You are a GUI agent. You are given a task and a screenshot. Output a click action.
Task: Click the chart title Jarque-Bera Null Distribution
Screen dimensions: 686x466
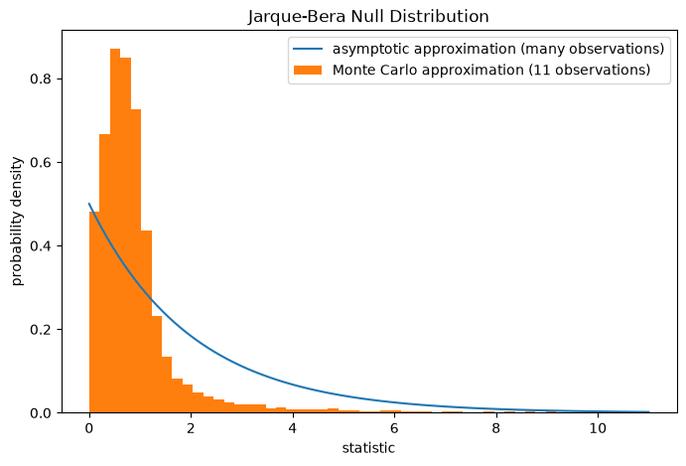[x=368, y=17]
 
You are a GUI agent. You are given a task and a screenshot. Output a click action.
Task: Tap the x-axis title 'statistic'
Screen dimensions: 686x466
[x=368, y=448]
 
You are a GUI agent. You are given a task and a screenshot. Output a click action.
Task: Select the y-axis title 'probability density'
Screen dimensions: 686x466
[x=17, y=222]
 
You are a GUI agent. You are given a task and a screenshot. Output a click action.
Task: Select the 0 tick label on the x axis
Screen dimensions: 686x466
[x=89, y=428]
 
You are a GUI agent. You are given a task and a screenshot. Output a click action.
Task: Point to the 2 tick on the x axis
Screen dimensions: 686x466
[x=191, y=428]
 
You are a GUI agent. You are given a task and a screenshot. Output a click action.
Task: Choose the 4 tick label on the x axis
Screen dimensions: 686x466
[x=293, y=428]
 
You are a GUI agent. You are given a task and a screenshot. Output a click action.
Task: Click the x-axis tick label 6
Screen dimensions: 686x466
[x=394, y=428]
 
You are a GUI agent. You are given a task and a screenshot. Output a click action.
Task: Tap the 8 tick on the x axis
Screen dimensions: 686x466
[x=495, y=428]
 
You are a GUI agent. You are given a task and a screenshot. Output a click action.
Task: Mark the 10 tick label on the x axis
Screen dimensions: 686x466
[x=598, y=428]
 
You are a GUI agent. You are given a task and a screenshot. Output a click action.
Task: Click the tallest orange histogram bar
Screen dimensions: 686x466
[x=115, y=231]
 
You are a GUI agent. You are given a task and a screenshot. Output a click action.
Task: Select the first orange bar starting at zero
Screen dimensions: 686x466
[x=94, y=312]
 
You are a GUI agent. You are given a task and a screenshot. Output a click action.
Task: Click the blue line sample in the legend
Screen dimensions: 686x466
[x=308, y=49]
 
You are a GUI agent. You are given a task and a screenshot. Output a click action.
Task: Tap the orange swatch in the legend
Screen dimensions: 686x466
[x=308, y=71]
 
